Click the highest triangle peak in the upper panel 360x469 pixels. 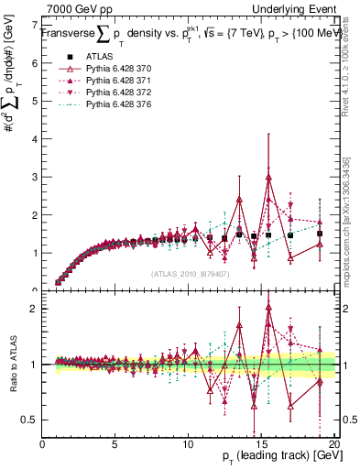click(268, 177)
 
